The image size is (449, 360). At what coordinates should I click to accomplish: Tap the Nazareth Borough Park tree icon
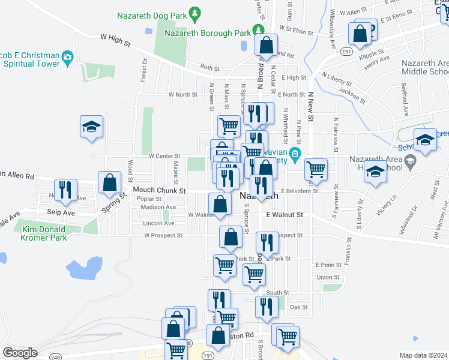coord(258,29)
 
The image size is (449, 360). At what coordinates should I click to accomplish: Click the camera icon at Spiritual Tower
coord(68,57)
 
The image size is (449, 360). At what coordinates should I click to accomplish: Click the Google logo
coord(20,352)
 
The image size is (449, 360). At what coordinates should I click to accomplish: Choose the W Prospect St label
coord(163,236)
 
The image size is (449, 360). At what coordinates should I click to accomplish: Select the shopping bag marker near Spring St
coord(110,183)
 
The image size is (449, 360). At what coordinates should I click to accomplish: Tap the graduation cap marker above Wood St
coord(91,127)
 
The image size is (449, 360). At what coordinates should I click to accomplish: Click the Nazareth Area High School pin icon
coord(410,160)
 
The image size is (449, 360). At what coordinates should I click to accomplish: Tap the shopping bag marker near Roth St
coord(266,45)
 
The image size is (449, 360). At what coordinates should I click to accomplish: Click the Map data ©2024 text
coord(423,355)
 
